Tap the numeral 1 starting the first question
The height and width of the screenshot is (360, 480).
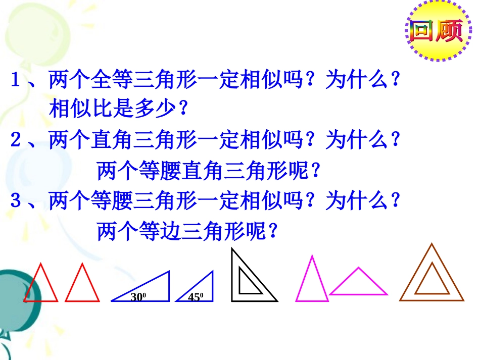[x=16, y=80]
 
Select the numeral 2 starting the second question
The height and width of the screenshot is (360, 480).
[x=16, y=140]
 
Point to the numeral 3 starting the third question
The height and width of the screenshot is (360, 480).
[x=16, y=201]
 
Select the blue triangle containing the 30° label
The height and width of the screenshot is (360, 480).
[x=152, y=290]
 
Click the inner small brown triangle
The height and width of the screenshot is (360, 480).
[x=431, y=282]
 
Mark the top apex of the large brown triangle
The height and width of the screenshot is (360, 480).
[x=431, y=244]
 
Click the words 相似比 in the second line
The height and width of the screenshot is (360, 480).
[x=71, y=109]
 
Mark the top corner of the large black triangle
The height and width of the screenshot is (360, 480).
[x=232, y=249]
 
